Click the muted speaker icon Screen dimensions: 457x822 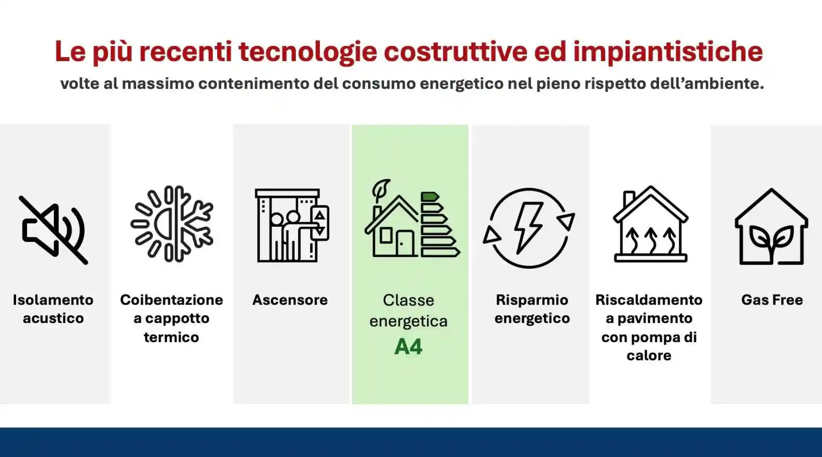[x=53, y=230]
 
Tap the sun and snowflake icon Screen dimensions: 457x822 [x=172, y=224]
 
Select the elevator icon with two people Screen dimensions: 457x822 [x=292, y=225]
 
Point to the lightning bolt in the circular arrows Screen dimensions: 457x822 [x=528, y=228]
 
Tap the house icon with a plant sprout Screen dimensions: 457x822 [x=771, y=227]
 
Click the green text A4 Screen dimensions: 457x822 [x=408, y=347]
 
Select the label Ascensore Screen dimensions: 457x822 [x=290, y=300]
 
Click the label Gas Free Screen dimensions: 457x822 [x=772, y=300]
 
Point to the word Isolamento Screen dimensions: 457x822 [x=53, y=300]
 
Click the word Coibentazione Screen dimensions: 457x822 [x=171, y=300]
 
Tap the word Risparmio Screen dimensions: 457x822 [x=532, y=300]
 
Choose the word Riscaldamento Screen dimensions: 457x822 [x=649, y=300]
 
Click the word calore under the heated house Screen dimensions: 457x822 [x=649, y=355]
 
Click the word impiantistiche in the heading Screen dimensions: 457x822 [x=668, y=51]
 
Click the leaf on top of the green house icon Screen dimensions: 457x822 [x=381, y=189]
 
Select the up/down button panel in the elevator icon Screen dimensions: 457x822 [x=320, y=223]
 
